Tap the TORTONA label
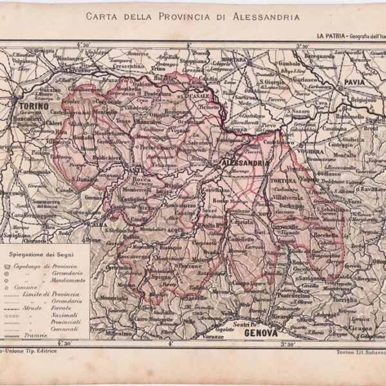pyautogui.click(x=283, y=182)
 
